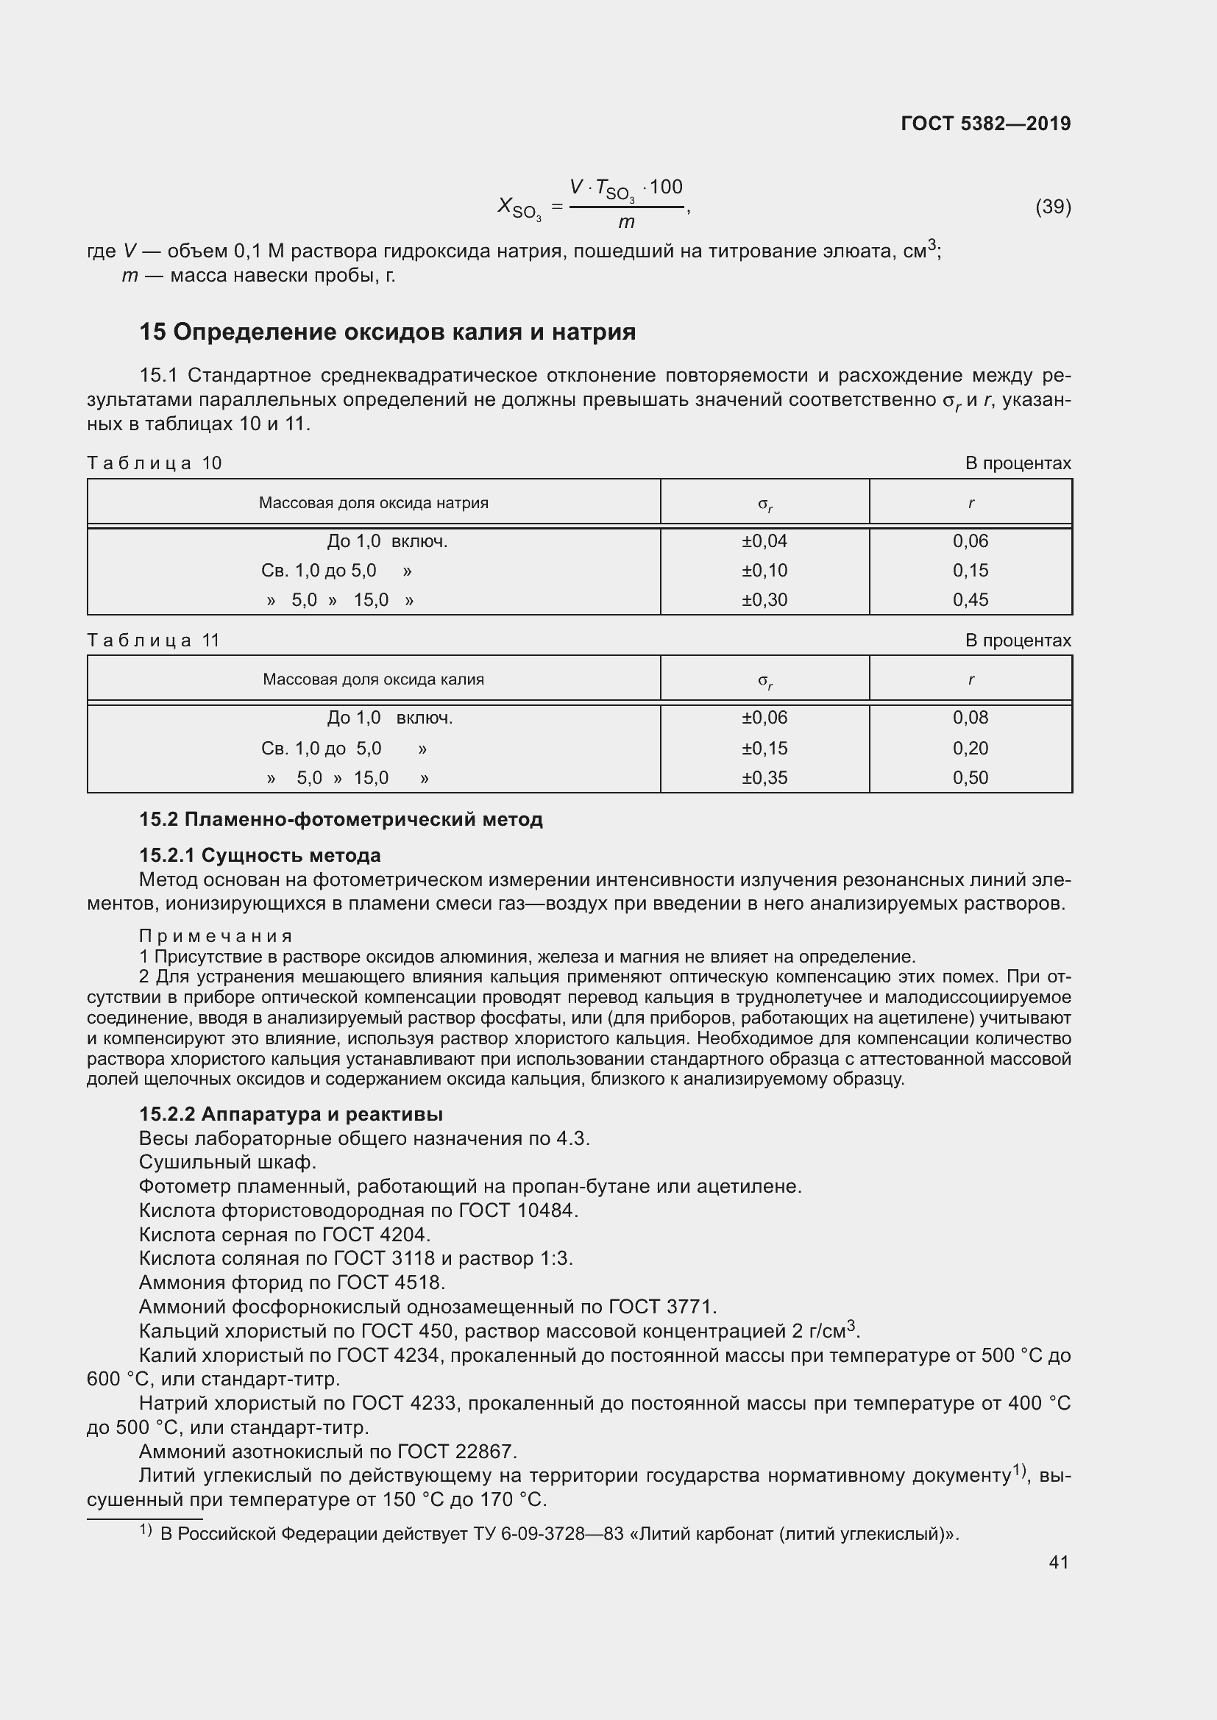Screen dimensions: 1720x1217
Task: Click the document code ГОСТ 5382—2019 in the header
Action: (985, 124)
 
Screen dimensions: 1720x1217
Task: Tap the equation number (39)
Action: (1053, 207)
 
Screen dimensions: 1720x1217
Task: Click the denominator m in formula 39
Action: (625, 223)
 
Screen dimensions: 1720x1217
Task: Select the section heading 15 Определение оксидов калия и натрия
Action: (388, 332)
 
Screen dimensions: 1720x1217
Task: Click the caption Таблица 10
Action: (155, 463)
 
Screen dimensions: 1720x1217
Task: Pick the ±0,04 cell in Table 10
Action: (764, 541)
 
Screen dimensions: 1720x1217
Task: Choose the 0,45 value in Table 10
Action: (971, 600)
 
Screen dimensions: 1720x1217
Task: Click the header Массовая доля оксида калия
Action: (373, 679)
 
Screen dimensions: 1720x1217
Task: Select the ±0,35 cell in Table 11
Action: (764, 777)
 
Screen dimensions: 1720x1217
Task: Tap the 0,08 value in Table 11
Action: (971, 718)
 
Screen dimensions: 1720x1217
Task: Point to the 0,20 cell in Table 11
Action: (971, 749)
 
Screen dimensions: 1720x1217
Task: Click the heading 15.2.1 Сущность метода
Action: (260, 855)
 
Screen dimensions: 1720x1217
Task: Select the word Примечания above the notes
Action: (216, 936)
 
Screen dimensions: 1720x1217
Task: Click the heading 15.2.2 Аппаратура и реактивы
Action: (291, 1114)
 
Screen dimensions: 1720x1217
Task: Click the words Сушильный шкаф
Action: (228, 1162)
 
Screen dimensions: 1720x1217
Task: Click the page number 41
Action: (1058, 1562)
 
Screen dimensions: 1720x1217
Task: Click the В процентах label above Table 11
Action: (1018, 640)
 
